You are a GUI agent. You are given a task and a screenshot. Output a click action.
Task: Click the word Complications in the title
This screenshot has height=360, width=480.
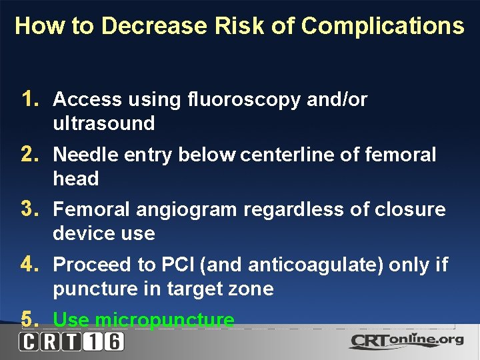(x=382, y=27)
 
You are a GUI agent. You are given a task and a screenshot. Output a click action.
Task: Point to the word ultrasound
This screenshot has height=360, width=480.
(x=104, y=123)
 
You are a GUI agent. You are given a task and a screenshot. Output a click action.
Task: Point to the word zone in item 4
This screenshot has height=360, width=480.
(x=252, y=289)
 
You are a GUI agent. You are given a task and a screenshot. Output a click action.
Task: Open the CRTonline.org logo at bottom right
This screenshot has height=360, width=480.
(x=406, y=341)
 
